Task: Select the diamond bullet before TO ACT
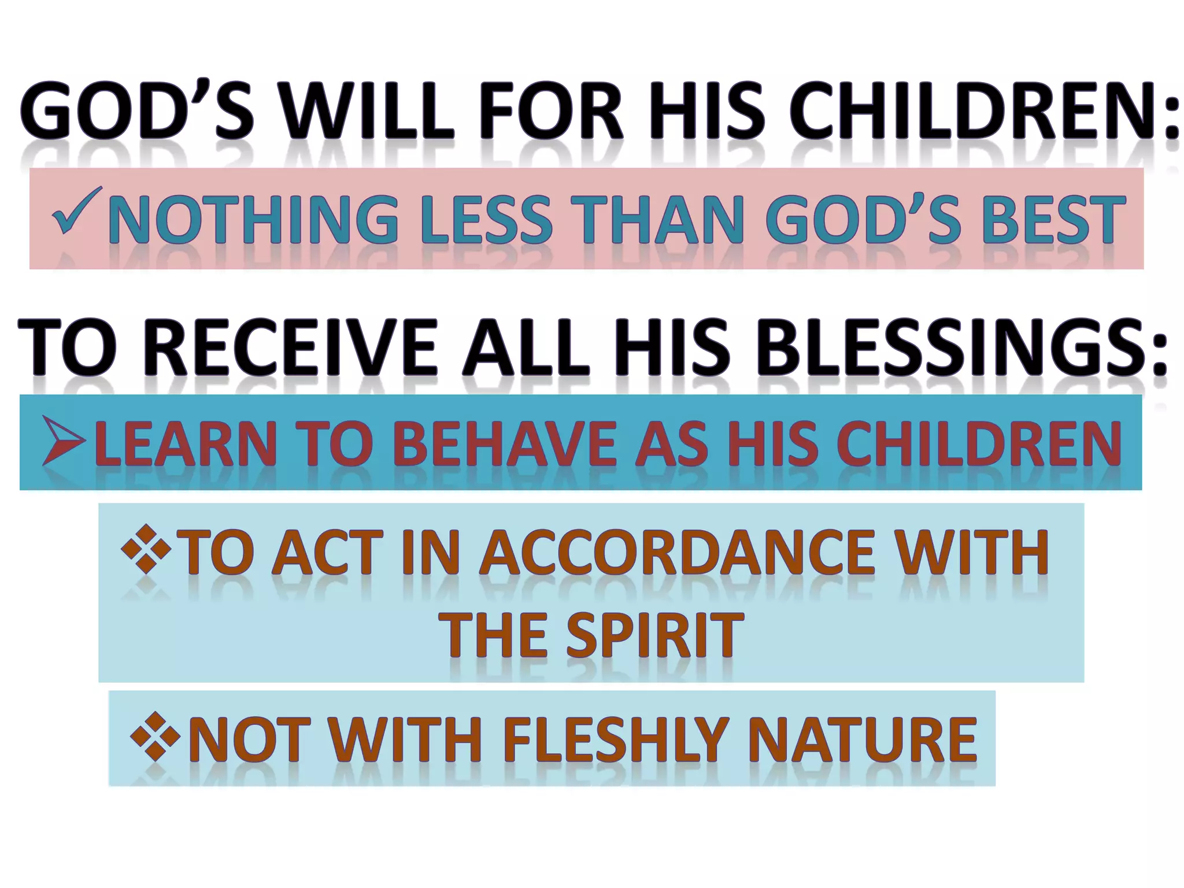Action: coord(146,549)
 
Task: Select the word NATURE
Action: coord(862,740)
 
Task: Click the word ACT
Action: coord(325,553)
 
